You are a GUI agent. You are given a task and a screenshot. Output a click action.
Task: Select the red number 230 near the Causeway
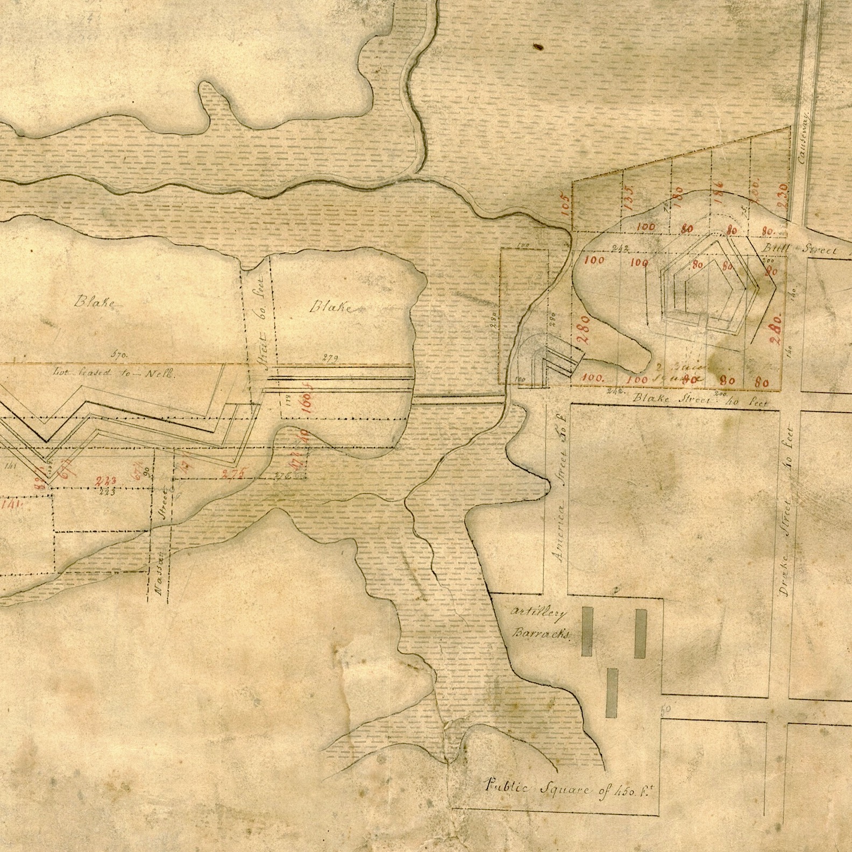pyautogui.click(x=782, y=194)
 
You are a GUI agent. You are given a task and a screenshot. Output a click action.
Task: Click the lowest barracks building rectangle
pyautogui.click(x=612, y=693)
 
